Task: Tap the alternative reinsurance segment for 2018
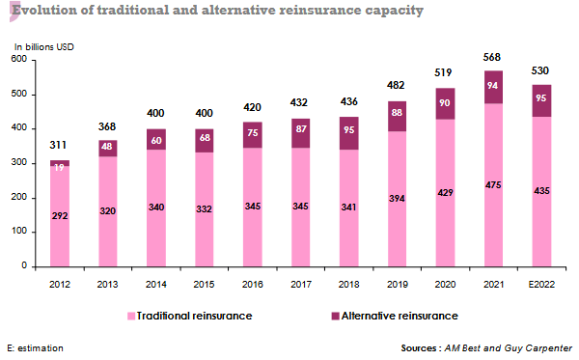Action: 350,133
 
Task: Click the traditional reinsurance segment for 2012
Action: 60,232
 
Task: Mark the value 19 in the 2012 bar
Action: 60,167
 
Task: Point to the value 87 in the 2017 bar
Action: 301,128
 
